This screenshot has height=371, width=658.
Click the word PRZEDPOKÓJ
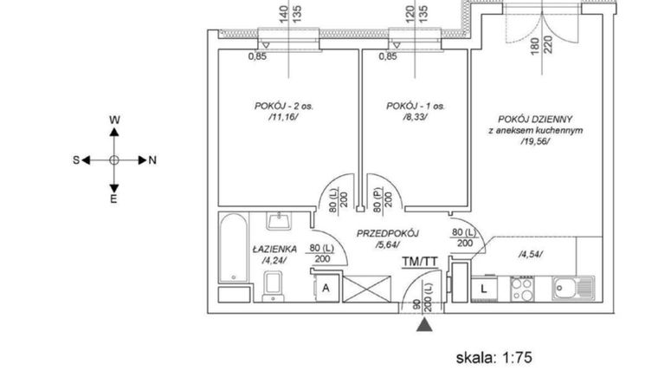(x=388, y=234)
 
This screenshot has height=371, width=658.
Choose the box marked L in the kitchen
(x=483, y=286)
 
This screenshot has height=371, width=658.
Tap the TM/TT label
(x=419, y=261)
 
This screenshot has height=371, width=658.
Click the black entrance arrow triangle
(x=423, y=325)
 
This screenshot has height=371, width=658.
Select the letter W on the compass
(x=114, y=120)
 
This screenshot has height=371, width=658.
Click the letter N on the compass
(x=152, y=160)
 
